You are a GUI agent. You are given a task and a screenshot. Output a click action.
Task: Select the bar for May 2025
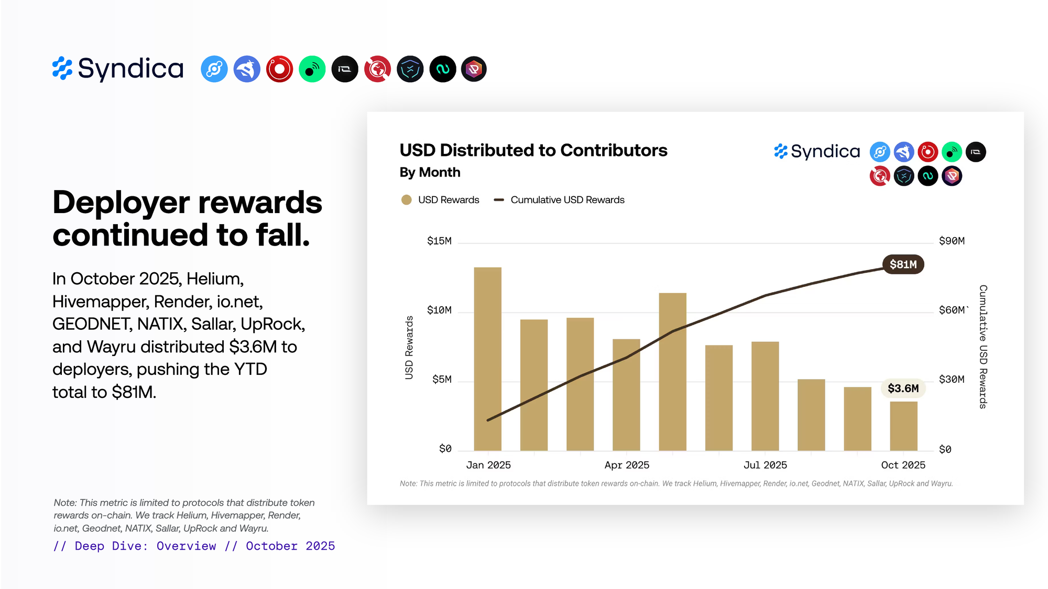[672, 372]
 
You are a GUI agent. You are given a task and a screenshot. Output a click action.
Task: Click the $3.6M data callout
[903, 388]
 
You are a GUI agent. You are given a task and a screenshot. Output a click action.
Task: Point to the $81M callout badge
[903, 264]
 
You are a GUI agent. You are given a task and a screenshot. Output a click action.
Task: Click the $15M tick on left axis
[439, 241]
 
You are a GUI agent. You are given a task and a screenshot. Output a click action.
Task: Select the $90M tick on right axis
[952, 241]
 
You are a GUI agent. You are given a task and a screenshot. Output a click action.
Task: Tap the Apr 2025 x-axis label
[627, 465]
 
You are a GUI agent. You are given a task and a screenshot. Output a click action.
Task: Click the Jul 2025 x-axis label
[765, 465]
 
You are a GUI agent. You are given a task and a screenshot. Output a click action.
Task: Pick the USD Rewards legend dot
[406, 200]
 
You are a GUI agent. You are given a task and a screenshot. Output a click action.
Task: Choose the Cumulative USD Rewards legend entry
[567, 200]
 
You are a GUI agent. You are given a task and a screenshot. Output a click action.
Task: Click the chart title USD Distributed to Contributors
[533, 150]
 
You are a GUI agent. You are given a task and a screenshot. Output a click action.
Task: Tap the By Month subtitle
[430, 172]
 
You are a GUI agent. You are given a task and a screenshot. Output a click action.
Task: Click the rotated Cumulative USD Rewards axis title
[983, 347]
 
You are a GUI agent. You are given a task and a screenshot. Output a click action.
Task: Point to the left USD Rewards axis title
[409, 348]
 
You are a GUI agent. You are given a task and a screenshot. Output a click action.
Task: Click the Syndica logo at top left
[118, 69]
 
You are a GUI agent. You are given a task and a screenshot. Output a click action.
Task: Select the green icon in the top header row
[312, 69]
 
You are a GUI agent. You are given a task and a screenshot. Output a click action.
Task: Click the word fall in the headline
[282, 235]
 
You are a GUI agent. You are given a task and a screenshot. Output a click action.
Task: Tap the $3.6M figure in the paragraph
[253, 347]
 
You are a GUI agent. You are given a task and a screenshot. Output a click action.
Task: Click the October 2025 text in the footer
[290, 546]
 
